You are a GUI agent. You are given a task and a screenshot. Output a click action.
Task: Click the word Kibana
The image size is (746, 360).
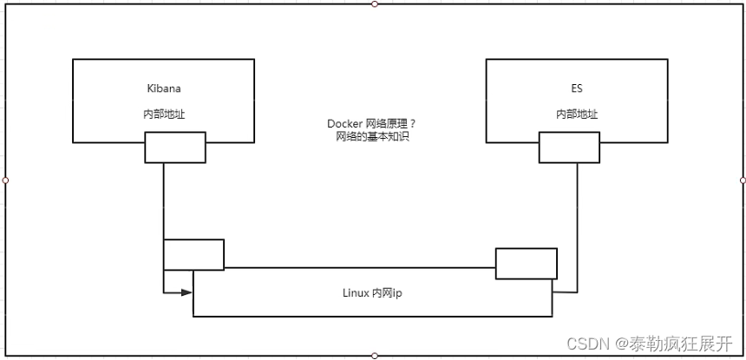[163, 88]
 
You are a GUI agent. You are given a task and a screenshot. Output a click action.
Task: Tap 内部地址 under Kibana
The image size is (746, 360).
[163, 114]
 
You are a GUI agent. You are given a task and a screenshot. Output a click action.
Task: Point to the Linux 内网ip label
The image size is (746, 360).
[372, 293]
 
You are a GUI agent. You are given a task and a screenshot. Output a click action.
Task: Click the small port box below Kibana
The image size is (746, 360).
[175, 147]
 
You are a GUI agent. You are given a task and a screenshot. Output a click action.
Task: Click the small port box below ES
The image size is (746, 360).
[569, 147]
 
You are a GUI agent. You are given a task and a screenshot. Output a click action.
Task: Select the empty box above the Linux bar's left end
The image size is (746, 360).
[193, 254]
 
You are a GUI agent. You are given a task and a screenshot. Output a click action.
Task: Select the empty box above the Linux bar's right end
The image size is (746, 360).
[527, 263]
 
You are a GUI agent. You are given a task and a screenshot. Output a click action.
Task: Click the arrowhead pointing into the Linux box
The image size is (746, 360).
[186, 292]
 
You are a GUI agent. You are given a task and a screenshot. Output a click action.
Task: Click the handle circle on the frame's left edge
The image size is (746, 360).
[5, 180]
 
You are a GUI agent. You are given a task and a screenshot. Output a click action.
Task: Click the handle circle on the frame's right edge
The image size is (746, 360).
[743, 180]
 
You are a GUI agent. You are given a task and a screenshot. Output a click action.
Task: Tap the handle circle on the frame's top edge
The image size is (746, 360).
[375, 3]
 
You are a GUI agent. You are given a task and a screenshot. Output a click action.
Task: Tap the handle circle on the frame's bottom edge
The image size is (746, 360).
[375, 356]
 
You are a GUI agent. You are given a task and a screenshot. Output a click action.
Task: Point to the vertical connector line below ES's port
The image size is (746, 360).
[578, 208]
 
